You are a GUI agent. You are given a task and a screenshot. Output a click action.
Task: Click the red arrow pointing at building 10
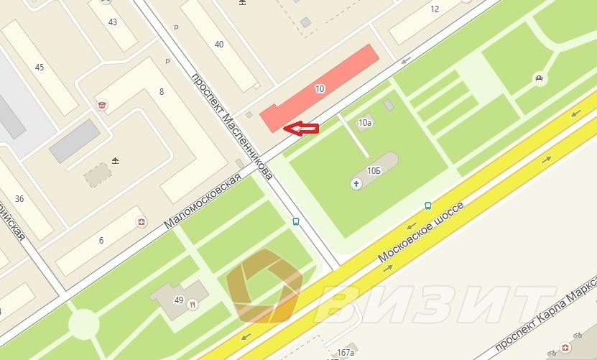coord(301,129)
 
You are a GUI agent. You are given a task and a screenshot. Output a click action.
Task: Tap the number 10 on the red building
coord(320,89)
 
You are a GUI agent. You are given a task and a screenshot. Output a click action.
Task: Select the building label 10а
coord(365,123)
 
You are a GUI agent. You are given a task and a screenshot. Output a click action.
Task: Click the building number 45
coord(40,68)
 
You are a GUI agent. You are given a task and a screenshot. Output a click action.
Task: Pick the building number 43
coord(113,22)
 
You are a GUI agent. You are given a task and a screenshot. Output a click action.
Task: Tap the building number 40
coord(218,45)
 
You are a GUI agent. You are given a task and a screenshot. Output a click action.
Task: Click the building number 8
coord(162,91)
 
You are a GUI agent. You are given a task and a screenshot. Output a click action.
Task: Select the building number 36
coord(19,199)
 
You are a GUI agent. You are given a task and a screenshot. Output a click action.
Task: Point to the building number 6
coord(101,241)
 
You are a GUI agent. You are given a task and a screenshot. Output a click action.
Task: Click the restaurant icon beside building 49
coord(193,304)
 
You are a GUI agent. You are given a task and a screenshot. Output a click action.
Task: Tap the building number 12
coord(434,9)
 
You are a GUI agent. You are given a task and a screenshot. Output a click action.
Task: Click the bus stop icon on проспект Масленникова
coord(296,221)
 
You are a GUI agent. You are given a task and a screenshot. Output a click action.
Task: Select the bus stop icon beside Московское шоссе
coord(428,205)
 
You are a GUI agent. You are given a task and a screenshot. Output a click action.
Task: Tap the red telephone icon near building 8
coord(102,105)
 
